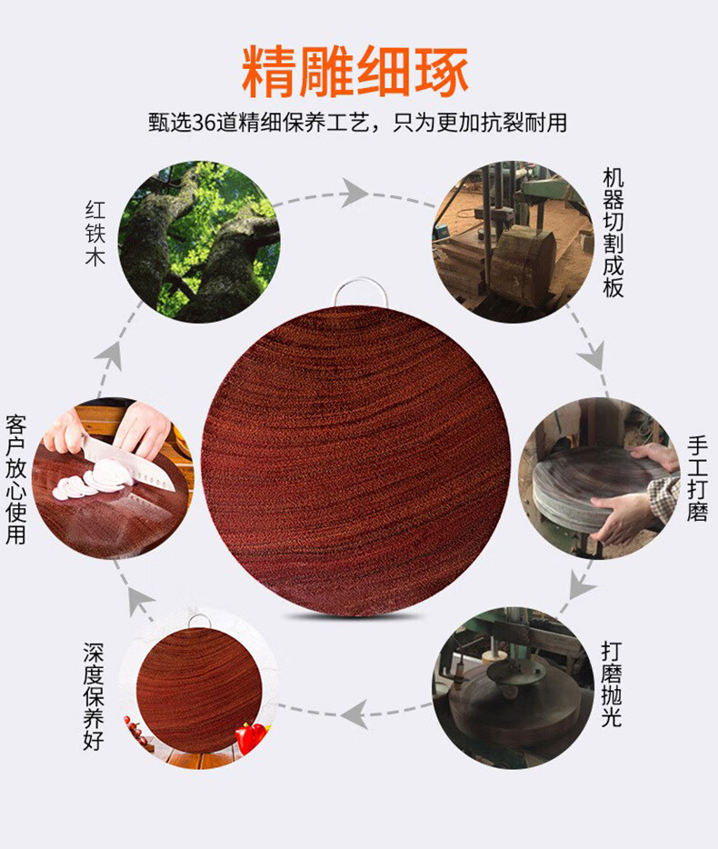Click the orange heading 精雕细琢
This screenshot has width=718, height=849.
355,72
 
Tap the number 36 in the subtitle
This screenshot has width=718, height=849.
204,123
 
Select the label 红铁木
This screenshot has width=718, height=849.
95,234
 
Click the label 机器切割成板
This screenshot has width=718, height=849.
613,233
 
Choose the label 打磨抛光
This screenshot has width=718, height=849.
612,684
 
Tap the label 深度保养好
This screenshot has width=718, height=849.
93,696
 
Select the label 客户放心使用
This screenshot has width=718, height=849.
15,480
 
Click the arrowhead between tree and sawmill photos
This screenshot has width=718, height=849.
354,193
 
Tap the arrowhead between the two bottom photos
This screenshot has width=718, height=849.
354,714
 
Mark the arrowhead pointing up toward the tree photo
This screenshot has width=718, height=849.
109,356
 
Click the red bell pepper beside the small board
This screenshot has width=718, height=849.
250,737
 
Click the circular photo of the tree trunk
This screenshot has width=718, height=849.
199,242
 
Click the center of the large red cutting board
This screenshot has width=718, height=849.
355,461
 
